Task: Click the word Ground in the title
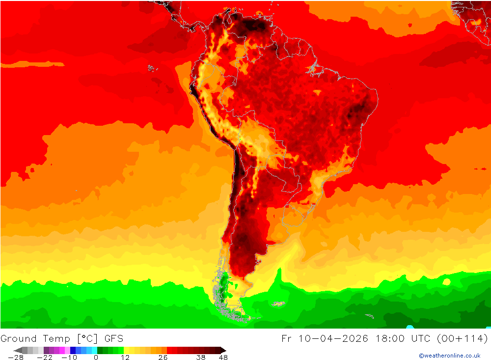tap(19, 338)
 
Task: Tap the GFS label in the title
tap(113, 338)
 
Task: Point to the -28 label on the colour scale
tap(16, 358)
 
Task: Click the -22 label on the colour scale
tap(45, 358)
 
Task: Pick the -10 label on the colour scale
tap(69, 358)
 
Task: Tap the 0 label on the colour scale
tap(96, 358)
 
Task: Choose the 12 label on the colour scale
tap(125, 358)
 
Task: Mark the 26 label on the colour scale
tap(163, 358)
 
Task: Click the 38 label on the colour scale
tap(200, 358)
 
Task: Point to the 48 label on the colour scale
tap(223, 358)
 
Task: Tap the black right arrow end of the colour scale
tap(223, 350)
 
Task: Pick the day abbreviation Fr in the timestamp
tap(287, 338)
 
